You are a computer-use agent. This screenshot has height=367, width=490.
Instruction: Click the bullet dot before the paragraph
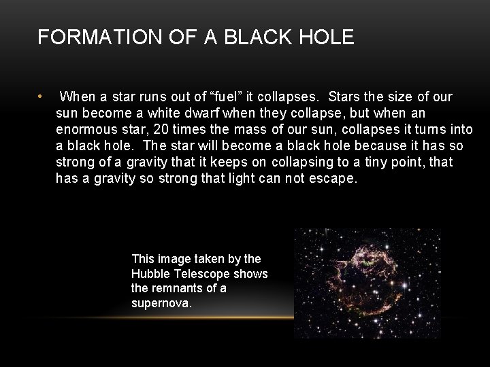point(42,96)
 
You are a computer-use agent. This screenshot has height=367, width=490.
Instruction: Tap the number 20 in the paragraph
point(182,130)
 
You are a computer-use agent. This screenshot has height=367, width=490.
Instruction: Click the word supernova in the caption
point(162,302)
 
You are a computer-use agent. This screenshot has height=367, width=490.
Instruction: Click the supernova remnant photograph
point(367,283)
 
